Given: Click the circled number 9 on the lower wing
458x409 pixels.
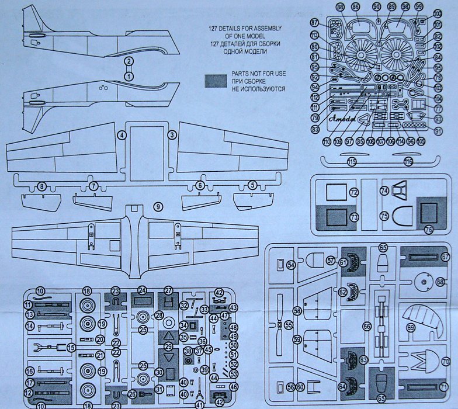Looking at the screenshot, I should [158, 206].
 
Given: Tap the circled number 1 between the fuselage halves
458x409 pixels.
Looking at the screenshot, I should [129, 76].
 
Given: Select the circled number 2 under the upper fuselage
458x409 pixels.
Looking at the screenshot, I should [129, 61].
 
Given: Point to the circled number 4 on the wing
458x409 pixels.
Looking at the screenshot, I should [122, 136].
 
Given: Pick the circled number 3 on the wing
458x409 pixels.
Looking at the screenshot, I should [172, 136].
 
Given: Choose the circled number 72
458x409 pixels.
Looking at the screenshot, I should [353, 192].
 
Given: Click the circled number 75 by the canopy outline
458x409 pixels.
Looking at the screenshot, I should [384, 216].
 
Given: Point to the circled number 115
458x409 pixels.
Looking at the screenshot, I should [352, 161].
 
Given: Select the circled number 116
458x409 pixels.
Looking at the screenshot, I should [408, 161].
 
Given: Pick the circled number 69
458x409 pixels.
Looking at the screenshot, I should [411, 328].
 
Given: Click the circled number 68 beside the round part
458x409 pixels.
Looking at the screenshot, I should [440, 282].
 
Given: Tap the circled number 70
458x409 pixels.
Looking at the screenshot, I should [446, 362].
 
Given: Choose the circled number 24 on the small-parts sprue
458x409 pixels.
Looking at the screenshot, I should [141, 290].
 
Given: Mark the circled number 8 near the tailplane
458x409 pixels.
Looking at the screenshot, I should [41, 186].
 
